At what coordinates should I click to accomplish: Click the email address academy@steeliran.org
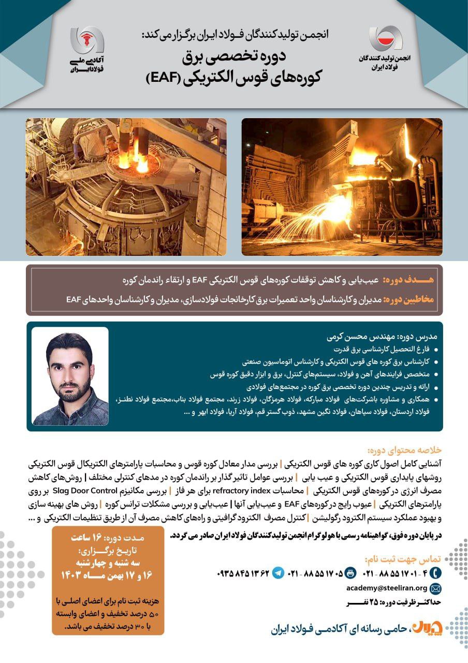pos(387,588)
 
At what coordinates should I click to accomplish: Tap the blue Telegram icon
pos(279,573)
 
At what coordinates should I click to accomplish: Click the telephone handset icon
pos(435,573)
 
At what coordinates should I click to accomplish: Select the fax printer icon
pos(350,573)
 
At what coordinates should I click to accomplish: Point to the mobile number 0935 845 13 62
pos(243,573)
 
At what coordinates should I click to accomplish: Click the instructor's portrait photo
pos(70,376)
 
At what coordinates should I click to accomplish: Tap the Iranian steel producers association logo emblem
pos(385,38)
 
